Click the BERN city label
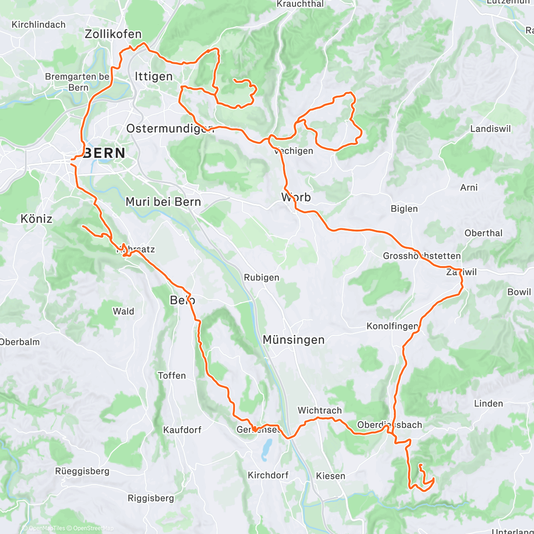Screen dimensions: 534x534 pyautogui.click(x=104, y=154)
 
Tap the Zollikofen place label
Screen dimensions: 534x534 pyautogui.click(x=113, y=34)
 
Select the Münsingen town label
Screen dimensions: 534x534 pyautogui.click(x=294, y=340)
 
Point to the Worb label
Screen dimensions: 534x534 pyautogui.click(x=296, y=197)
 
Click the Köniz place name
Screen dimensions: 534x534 pyautogui.click(x=36, y=219)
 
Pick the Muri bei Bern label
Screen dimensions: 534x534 pyautogui.click(x=163, y=202)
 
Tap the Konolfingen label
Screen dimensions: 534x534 pyautogui.click(x=392, y=326)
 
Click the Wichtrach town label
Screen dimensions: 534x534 pyautogui.click(x=320, y=410)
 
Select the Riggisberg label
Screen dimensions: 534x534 pyautogui.click(x=151, y=498)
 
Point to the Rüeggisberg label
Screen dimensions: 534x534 pyautogui.click(x=82, y=471)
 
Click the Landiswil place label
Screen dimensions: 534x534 pyautogui.click(x=490, y=129)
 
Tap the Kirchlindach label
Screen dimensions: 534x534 pyautogui.click(x=38, y=25)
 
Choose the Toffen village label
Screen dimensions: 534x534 pyautogui.click(x=172, y=376)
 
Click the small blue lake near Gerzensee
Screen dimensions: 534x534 pyautogui.click(x=266, y=450)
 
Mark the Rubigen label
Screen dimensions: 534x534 pyautogui.click(x=262, y=278)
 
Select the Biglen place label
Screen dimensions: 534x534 pyautogui.click(x=404, y=209)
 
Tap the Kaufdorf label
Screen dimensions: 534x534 pyautogui.click(x=182, y=430)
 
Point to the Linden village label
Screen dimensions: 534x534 pyautogui.click(x=489, y=404)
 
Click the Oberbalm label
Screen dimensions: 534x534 pyautogui.click(x=20, y=342)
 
